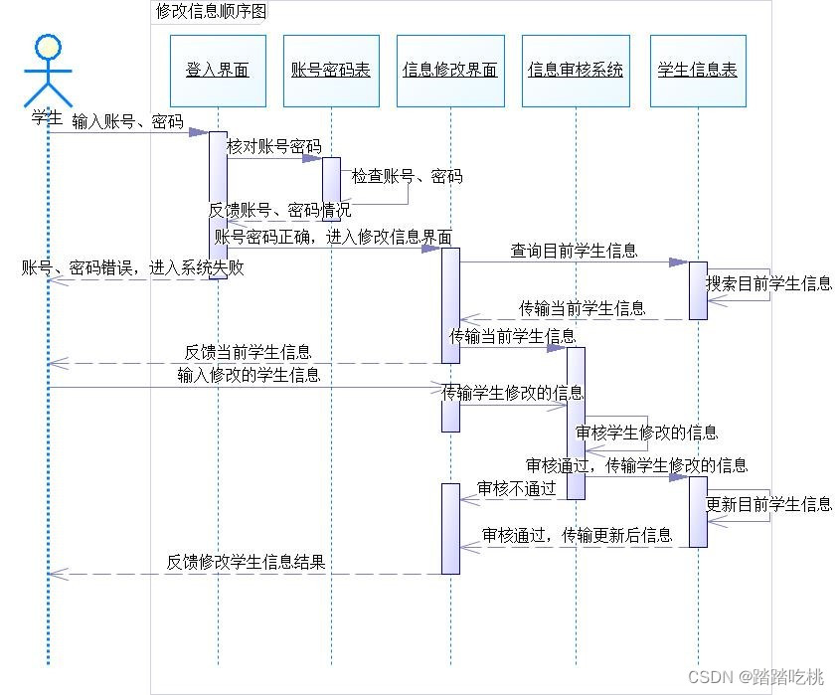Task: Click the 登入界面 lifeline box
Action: [218, 71]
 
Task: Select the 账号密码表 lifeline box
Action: [331, 71]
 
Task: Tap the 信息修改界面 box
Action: [450, 71]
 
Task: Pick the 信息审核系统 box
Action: [576, 71]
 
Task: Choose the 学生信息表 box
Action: [698, 71]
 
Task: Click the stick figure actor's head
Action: [48, 47]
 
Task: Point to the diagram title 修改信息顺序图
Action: [211, 12]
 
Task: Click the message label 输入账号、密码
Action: [127, 122]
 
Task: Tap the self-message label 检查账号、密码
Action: [407, 177]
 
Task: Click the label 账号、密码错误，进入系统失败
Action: [133, 268]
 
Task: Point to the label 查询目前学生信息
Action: [574, 251]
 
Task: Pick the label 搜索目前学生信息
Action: [768, 283]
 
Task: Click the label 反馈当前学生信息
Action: [248, 353]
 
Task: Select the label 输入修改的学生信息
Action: [249, 375]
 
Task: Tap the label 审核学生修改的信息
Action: [647, 433]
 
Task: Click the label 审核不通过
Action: [516, 488]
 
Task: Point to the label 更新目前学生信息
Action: [768, 504]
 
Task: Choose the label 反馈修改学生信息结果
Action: [246, 563]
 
